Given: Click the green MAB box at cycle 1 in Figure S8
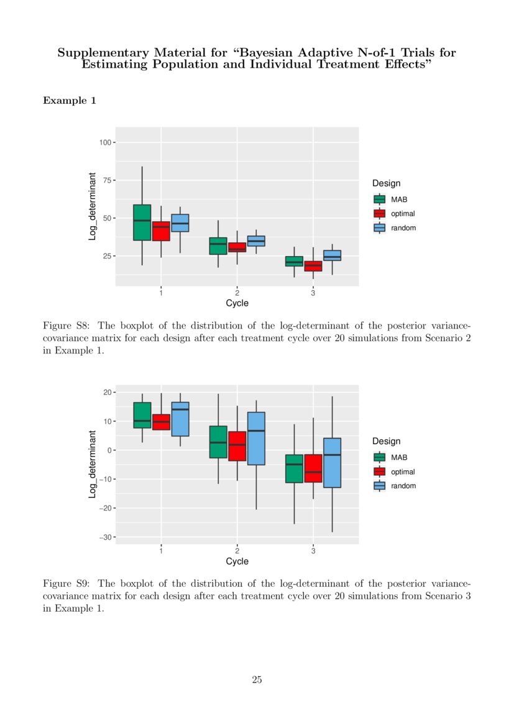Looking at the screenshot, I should (142, 222).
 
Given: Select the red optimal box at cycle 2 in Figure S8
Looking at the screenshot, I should (237, 247).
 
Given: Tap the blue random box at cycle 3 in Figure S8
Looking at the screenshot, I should (332, 255).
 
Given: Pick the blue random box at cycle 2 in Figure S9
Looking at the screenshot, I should (256, 438).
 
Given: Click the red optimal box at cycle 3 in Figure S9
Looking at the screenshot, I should (313, 468).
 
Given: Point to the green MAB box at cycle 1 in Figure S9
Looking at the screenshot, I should (142, 415).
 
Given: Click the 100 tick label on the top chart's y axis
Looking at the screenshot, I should (104, 143).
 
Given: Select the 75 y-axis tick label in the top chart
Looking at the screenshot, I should (107, 181).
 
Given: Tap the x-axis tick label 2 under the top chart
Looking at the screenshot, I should (237, 293).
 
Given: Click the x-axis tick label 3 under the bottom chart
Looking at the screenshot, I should (313, 551).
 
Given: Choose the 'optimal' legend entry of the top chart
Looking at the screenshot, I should (403, 214).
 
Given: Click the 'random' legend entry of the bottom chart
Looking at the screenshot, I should (403, 486).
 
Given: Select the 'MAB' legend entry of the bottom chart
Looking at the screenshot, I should (399, 457).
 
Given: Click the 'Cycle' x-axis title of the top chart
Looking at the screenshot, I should (237, 303).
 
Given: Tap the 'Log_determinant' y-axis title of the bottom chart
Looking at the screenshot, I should (92, 464).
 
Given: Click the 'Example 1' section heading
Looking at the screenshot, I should (69, 100).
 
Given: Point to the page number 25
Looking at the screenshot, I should (257, 680).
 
